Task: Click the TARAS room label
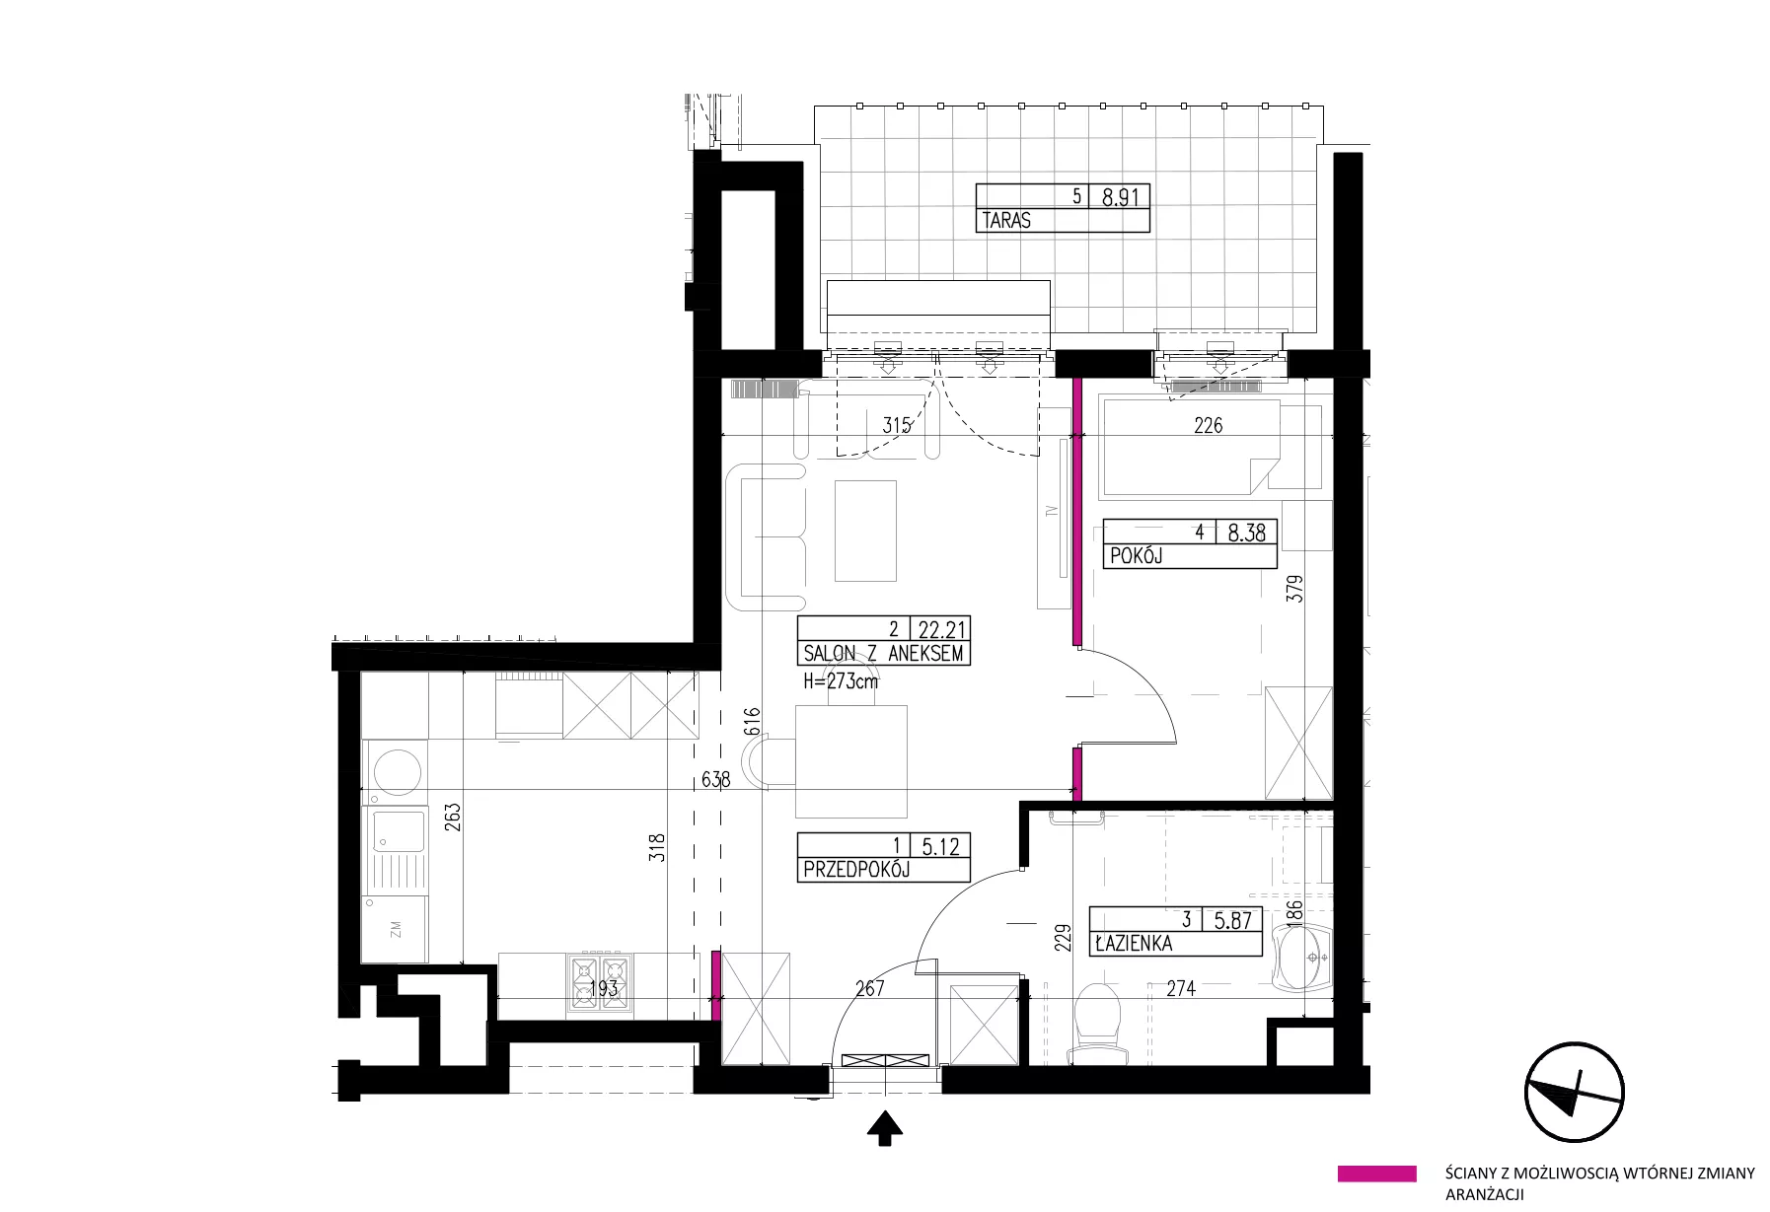click(x=1006, y=221)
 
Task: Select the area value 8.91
click(x=1120, y=197)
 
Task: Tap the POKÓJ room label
click(x=1137, y=556)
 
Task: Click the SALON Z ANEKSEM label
click(x=883, y=653)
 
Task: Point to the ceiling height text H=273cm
click(x=841, y=680)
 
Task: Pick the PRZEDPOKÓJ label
click(x=856, y=870)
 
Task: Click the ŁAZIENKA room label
click(x=1134, y=944)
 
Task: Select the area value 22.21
click(x=943, y=629)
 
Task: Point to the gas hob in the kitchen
click(x=600, y=984)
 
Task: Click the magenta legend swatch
click(x=1376, y=1174)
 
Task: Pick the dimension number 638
click(x=715, y=780)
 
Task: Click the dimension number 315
click(x=896, y=426)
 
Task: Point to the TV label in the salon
click(x=1052, y=512)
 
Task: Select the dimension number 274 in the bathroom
click(x=1181, y=989)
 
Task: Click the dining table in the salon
click(x=850, y=761)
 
